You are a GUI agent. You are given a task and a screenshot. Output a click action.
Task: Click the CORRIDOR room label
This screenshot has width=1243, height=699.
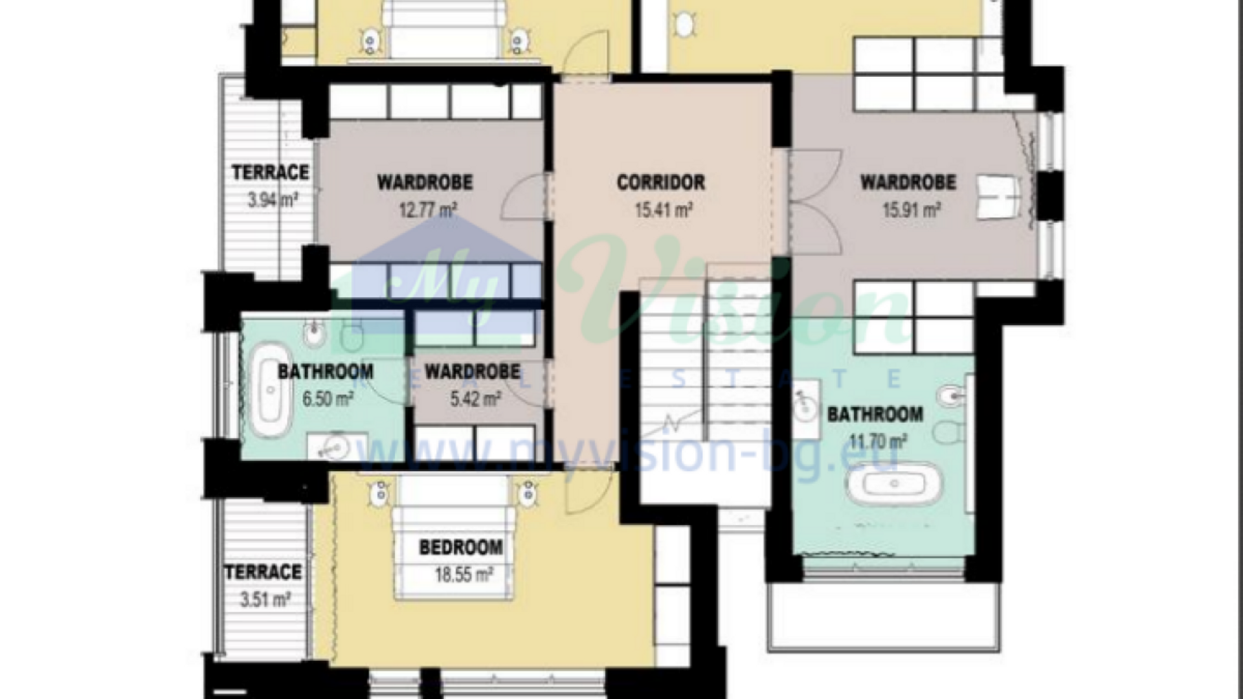point(660,183)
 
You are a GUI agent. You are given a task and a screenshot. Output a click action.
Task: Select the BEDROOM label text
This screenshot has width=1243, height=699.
point(461,548)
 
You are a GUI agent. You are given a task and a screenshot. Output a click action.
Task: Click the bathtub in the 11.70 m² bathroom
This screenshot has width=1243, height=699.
point(895,483)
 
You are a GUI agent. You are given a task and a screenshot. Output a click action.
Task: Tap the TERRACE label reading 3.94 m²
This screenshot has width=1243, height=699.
point(271,172)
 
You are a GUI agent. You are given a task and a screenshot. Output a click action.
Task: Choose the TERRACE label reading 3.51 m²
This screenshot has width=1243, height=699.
point(263,572)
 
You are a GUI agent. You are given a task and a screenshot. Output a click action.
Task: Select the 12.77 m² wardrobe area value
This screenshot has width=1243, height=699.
point(428,210)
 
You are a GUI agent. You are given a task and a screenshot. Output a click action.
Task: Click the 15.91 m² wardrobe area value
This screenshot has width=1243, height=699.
point(912,210)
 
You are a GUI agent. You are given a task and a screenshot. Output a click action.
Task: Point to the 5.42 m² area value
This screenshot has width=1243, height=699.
point(475,399)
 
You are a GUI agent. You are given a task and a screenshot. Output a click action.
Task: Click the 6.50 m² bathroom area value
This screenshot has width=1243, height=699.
point(328,399)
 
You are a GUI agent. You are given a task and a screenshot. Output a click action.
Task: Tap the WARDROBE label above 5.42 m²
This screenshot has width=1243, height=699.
point(473,372)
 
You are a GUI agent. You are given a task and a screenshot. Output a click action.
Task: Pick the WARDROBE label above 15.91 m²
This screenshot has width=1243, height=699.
point(908,183)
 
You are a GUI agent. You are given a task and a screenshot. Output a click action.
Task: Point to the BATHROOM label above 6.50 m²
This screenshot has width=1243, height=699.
point(326,372)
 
